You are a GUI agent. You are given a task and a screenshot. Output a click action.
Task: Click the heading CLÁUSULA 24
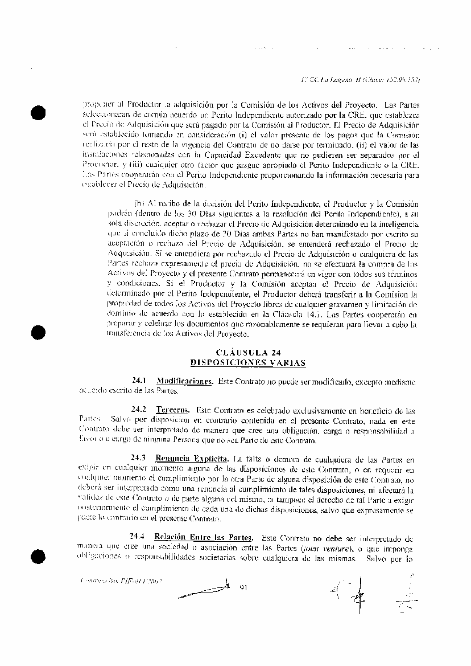[x=248, y=352]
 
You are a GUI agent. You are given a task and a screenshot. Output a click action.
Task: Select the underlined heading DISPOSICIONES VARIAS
[x=248, y=362]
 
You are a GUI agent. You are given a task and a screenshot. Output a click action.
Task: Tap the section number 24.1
[x=139, y=380]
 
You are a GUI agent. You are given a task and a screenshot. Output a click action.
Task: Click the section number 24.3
[x=139, y=457]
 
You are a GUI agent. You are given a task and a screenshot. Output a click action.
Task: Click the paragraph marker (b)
[x=139, y=203]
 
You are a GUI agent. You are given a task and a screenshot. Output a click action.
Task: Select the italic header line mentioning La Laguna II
[x=365, y=80]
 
